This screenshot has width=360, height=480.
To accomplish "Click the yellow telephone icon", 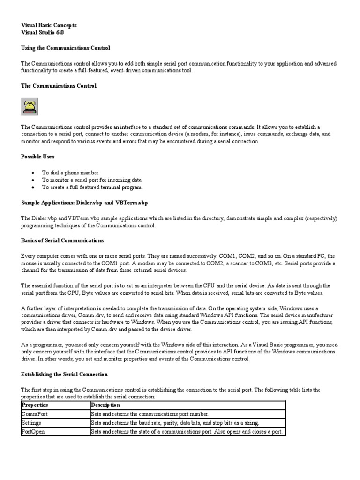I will (x=30, y=106).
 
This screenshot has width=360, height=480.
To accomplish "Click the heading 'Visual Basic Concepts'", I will (x=49, y=25).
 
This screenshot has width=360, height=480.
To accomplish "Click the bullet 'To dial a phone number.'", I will (x=71, y=172).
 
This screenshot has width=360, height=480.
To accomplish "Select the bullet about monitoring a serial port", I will (x=92, y=180).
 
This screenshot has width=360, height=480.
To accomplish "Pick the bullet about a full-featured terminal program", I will (x=92, y=187).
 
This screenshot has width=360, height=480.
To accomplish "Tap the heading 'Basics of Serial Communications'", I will (x=62, y=240).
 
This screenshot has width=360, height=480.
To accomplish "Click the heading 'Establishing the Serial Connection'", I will (x=65, y=374).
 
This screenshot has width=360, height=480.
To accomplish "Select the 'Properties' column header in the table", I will (x=35, y=405).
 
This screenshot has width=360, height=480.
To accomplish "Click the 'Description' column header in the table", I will (x=105, y=405).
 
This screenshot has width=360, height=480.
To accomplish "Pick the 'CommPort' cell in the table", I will (x=35, y=414).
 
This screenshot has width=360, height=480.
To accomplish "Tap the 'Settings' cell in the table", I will (x=32, y=423).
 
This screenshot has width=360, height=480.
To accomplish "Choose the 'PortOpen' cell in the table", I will (x=34, y=432).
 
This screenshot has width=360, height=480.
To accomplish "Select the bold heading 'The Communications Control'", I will (x=59, y=86).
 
